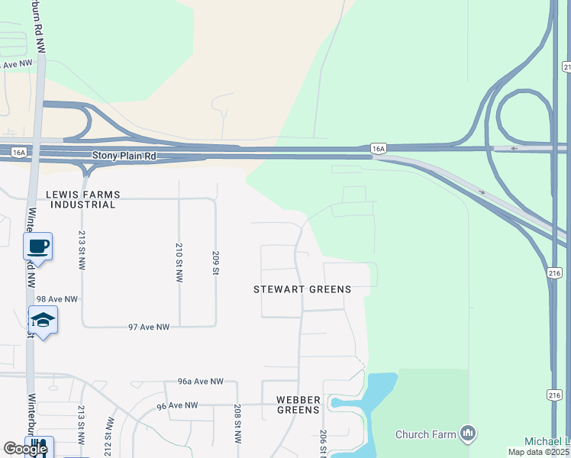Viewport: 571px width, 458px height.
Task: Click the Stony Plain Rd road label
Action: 124,156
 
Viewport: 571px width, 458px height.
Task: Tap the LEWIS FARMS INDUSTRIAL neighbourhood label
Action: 80,199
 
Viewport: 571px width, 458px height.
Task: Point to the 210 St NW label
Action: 179,263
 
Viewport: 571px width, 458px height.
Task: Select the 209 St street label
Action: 217,262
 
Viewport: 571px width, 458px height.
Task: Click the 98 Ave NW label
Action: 57,299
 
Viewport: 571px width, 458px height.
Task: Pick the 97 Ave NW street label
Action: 148,327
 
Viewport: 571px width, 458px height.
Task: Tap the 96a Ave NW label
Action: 200,381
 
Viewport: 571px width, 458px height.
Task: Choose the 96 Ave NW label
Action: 176,405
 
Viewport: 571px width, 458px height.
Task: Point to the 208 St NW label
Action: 237,425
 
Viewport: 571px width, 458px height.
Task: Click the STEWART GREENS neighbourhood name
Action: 302,289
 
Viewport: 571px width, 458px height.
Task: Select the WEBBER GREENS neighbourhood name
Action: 298,405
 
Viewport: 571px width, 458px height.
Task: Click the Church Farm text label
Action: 425,435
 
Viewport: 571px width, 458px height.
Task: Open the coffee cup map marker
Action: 37,246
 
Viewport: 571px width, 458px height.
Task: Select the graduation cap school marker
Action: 43,320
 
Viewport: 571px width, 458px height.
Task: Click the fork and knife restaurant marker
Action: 38,449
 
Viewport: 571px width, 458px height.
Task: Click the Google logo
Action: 25,450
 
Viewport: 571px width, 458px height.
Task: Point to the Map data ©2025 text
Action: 538,452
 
